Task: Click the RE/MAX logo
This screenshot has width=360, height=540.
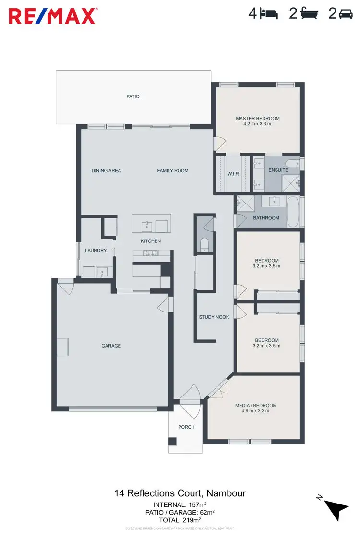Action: coord(53,15)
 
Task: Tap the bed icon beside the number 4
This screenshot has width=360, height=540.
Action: coord(268,14)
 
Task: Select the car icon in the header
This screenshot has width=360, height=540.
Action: coord(346,14)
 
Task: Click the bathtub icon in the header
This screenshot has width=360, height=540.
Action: coord(310,14)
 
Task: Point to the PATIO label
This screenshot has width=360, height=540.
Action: coord(133,96)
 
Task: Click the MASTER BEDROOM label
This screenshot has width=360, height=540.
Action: coord(257,118)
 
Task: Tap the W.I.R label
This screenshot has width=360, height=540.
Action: coord(233,174)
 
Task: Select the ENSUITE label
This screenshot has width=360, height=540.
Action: coord(278,170)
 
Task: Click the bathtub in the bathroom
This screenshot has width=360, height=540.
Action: coord(292,212)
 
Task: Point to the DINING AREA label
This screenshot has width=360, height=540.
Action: coord(106,170)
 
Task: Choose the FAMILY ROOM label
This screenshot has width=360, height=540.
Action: coord(173,170)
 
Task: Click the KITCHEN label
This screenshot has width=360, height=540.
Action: coord(151,241)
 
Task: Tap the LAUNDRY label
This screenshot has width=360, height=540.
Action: coord(96,250)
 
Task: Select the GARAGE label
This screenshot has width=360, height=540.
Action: coord(111,346)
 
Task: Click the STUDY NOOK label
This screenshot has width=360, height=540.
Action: coord(214,317)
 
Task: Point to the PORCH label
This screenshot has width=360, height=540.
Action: coord(186,427)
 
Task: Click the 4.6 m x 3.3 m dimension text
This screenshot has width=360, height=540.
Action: coord(256,411)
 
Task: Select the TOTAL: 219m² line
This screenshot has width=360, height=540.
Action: coord(177,520)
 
